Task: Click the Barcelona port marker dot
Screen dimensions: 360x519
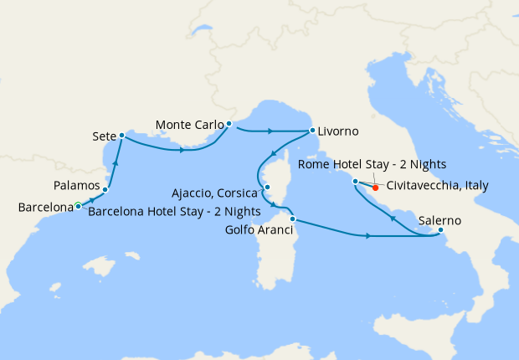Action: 78,205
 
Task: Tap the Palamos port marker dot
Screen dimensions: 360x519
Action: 105,190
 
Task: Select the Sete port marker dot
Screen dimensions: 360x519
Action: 122,135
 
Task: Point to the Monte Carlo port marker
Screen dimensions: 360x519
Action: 229,125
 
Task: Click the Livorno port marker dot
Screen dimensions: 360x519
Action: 311,131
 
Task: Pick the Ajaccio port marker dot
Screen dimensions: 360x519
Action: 267,188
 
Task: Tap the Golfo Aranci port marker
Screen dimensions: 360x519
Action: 292,219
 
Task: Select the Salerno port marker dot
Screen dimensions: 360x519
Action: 440,230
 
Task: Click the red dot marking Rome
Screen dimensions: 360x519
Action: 375,188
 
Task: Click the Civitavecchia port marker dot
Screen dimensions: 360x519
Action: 356,181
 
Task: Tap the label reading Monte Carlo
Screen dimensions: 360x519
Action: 189,126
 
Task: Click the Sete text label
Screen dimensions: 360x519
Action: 104,135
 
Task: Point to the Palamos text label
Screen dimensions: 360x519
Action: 77,185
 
